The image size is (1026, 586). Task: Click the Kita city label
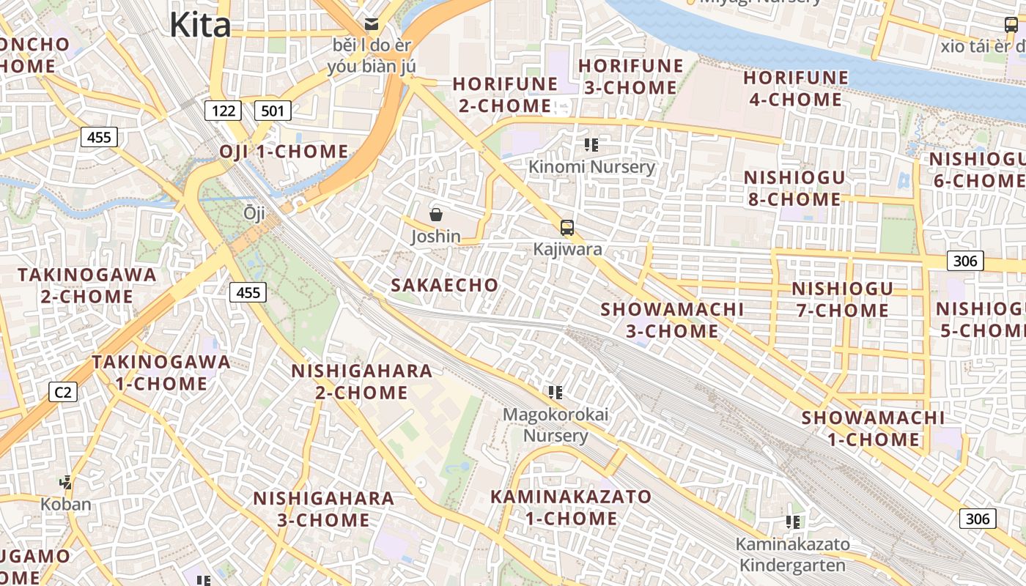200,25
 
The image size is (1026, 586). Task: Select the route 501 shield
273,111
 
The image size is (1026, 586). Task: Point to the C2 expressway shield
63,392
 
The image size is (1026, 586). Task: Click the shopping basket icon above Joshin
436,215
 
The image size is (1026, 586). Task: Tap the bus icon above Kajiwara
566,227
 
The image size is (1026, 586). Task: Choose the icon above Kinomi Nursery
591,145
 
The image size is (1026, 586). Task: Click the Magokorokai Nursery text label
556,426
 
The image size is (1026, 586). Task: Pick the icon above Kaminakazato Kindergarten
792,522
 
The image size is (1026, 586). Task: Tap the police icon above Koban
66,482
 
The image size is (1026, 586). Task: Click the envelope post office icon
372,24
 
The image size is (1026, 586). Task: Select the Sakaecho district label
444,285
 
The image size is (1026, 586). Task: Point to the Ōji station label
254,213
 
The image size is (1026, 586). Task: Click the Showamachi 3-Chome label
672,320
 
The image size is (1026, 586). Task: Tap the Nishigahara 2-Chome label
361,382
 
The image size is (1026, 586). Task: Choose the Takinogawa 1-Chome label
161,373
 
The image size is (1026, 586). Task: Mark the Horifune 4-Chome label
796,89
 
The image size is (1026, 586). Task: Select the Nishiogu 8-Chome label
794,188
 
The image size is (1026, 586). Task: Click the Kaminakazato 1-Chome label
571,508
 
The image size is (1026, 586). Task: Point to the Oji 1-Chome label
284,152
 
